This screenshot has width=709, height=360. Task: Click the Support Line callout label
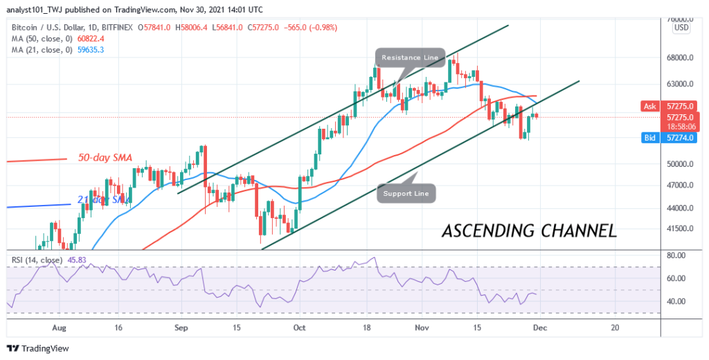[407, 193]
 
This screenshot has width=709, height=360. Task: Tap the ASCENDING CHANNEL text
[529, 231]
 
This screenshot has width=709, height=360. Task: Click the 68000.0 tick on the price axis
[681, 58]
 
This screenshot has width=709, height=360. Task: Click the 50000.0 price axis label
[681, 165]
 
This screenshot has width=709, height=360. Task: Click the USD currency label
[681, 28]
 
